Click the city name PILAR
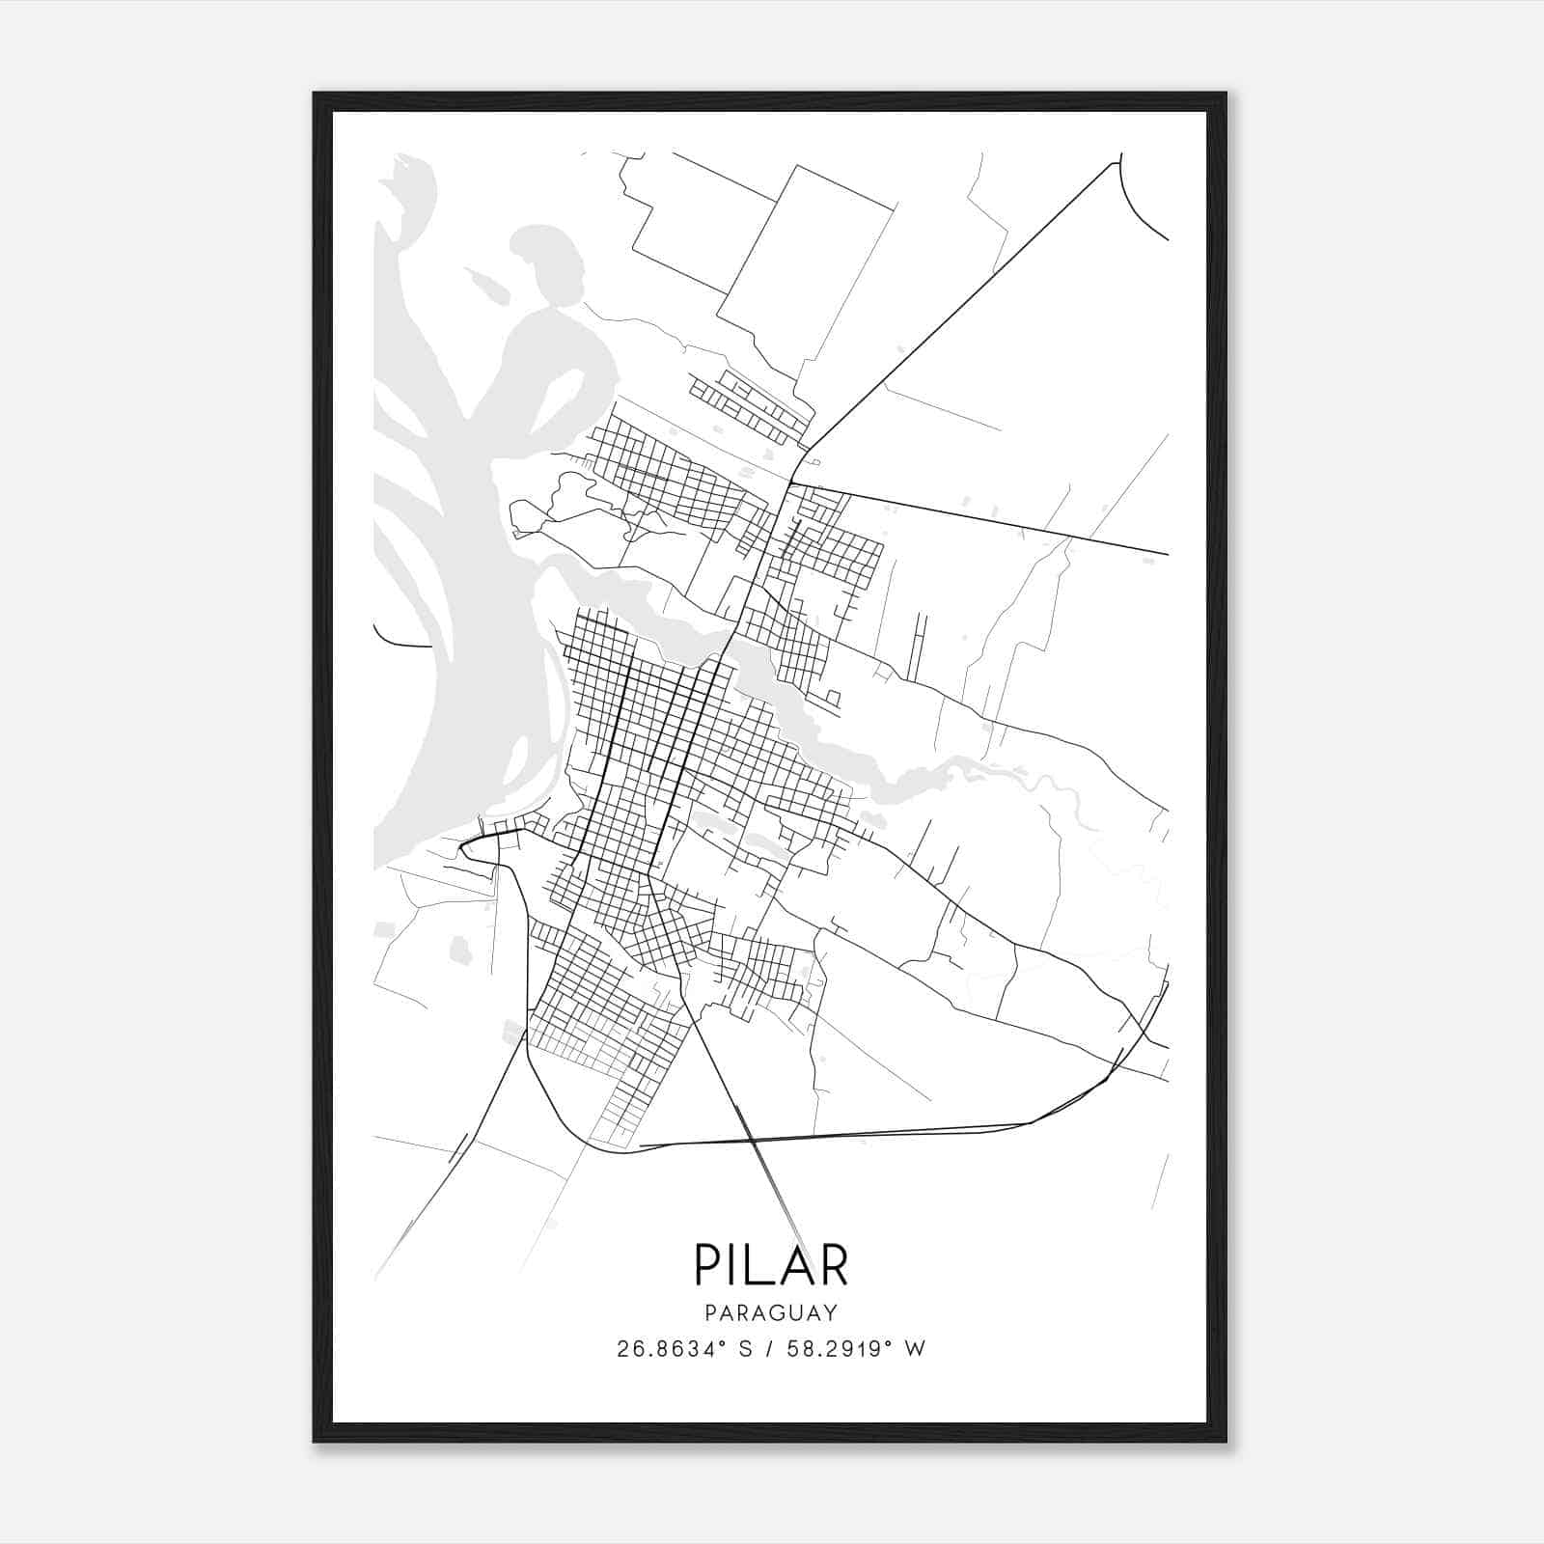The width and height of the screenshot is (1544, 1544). (771, 1264)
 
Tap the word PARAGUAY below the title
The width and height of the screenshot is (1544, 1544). (771, 1313)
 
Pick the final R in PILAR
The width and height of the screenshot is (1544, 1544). (831, 1264)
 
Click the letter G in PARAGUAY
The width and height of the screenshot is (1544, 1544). (779, 1313)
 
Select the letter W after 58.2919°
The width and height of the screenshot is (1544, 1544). (917, 1349)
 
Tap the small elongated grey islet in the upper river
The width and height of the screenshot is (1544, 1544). (480, 284)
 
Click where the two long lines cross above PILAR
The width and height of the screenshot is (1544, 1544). (753, 1142)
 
